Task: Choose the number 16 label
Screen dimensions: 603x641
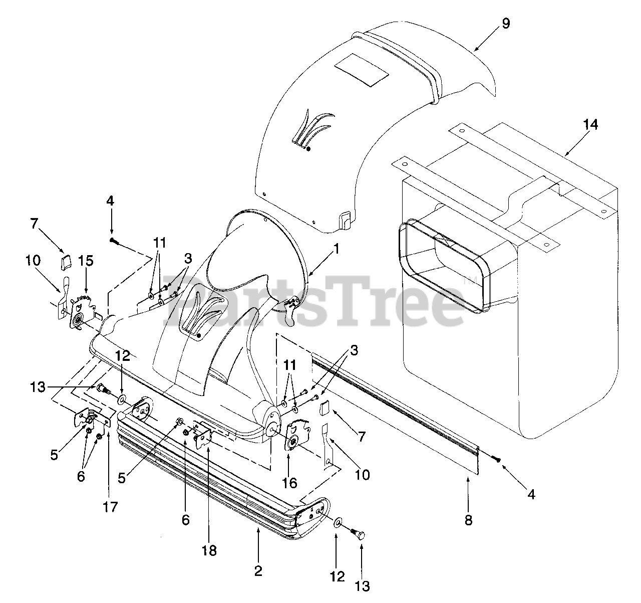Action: [x=289, y=483]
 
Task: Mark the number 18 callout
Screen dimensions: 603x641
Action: [x=209, y=550]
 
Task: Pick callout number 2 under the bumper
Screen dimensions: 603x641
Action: [x=258, y=571]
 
